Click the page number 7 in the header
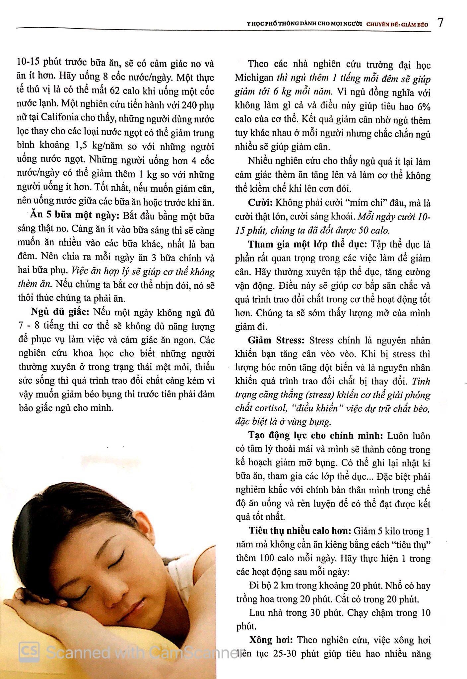[x=440, y=23]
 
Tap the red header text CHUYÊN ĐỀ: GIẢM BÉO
[x=397, y=25]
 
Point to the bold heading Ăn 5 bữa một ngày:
[x=75, y=216]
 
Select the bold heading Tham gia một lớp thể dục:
[x=308, y=244]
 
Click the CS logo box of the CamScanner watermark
[x=29, y=651]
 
